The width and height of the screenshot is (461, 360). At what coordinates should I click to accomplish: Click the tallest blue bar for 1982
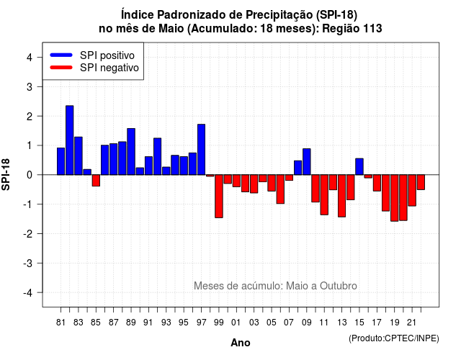click(70, 140)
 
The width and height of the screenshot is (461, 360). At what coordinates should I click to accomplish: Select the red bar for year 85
click(96, 181)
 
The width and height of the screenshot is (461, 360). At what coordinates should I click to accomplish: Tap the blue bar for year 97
click(202, 150)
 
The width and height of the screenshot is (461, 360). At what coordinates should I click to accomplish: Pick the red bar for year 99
click(219, 197)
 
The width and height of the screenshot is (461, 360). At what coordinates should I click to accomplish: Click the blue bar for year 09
click(307, 161)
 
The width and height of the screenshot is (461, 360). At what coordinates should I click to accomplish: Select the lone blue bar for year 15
click(359, 166)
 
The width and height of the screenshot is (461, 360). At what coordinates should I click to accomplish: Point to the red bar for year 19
click(395, 198)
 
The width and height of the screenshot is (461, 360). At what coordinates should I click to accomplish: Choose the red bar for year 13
click(341, 196)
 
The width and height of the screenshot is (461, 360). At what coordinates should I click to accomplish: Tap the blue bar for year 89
click(131, 152)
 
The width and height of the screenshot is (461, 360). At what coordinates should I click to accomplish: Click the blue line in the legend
click(61, 55)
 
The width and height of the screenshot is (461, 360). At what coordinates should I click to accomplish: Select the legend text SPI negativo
click(109, 68)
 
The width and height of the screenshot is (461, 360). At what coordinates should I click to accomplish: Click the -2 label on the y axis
click(29, 234)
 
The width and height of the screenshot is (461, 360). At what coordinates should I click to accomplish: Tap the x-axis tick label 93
click(166, 323)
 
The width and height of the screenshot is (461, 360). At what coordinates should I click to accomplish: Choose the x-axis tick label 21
click(412, 323)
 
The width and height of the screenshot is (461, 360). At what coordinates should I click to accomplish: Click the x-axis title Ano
click(241, 343)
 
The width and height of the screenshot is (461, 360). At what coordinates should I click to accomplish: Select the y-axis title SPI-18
click(6, 174)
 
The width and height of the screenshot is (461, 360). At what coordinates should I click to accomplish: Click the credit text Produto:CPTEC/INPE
click(394, 338)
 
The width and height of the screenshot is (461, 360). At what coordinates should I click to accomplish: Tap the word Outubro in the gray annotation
click(339, 286)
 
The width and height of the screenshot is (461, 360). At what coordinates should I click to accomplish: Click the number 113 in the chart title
click(372, 29)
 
